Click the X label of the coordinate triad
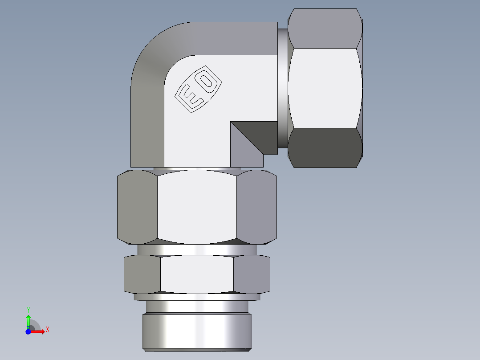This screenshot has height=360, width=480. click(x=47, y=330)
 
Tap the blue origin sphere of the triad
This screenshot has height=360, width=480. click(x=28, y=332)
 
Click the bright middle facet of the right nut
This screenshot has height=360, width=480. click(x=325, y=88)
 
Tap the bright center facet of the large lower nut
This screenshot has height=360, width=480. click(x=197, y=207)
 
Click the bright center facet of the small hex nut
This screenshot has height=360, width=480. click(x=197, y=274)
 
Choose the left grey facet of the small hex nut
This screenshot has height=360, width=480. click(x=142, y=274)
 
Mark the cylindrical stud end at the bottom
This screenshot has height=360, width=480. click(x=197, y=332)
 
